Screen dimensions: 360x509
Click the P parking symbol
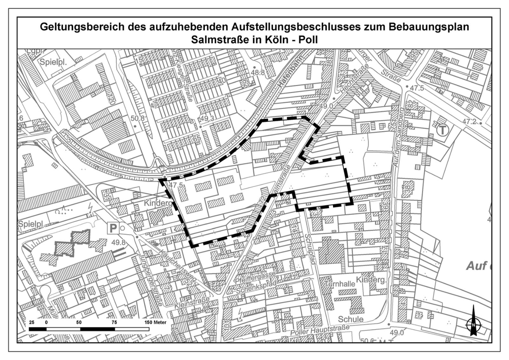[x=113, y=228]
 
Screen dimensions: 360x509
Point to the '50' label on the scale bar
[x=79, y=322]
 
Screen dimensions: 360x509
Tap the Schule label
[x=351, y=319]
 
